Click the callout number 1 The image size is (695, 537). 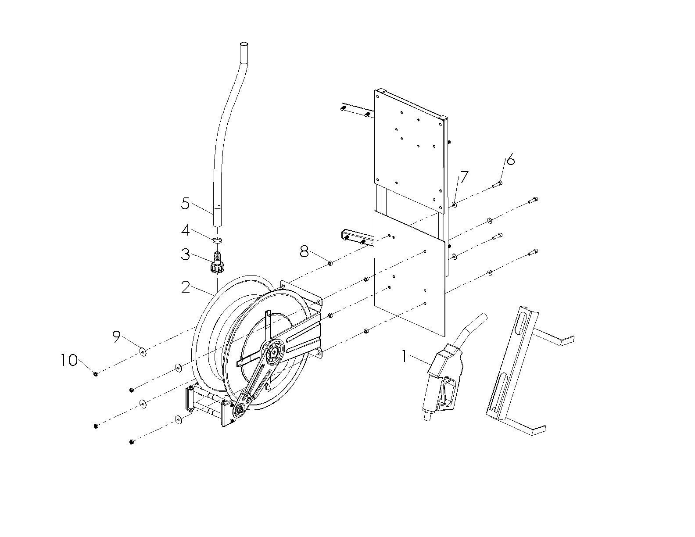click(404, 357)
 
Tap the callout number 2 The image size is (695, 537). click(186, 287)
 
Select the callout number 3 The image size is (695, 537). click(185, 254)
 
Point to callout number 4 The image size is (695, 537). click(186, 230)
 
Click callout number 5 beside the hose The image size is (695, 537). click(185, 204)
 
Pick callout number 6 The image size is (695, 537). click(510, 159)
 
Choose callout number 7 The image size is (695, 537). click(464, 177)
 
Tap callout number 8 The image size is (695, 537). click(304, 252)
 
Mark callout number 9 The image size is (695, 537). click(116, 337)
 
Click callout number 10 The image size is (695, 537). click(69, 361)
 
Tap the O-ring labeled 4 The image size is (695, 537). click(218, 240)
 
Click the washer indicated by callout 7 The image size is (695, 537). click(455, 204)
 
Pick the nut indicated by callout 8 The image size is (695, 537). click(330, 263)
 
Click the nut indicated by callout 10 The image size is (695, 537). click(95, 373)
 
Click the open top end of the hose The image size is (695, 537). click(244, 45)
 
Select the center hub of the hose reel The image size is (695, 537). click(274, 352)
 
